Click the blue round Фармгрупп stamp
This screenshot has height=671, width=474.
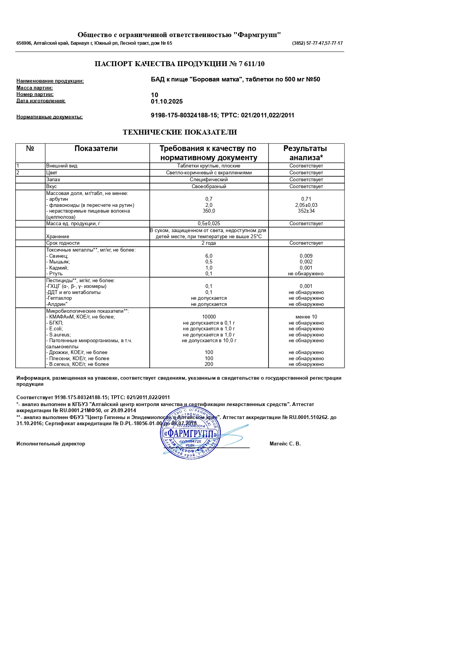[x=190, y=434]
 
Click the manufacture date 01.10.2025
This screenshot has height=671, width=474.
[x=167, y=102]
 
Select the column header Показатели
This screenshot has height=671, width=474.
[x=96, y=149]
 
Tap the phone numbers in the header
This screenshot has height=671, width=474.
[x=317, y=43]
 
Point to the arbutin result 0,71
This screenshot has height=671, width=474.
[x=306, y=199]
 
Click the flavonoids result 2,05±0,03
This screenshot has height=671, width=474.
[x=306, y=205]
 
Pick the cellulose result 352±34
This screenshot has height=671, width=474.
[x=306, y=211]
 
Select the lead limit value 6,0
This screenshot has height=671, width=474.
[x=209, y=256]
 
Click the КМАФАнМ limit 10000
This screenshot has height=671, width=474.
[x=209, y=317]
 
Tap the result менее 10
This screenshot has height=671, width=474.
[x=306, y=317]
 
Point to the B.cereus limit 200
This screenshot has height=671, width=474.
[x=209, y=364]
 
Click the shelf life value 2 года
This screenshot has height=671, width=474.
[x=209, y=243]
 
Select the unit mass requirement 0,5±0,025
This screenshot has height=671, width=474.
[x=209, y=224]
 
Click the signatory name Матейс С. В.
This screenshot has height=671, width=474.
[x=285, y=444]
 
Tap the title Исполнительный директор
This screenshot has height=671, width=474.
[x=51, y=444]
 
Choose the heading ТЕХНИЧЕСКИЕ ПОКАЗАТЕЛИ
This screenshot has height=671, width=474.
[x=180, y=132]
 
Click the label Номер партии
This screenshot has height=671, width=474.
[x=35, y=94]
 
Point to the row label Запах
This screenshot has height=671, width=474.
[x=53, y=180]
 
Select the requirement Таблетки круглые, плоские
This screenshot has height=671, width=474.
[x=209, y=166]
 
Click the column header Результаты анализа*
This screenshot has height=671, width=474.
[x=306, y=153]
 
